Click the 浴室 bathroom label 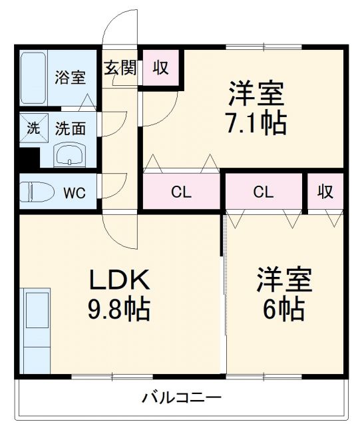pyautogui.click(x=70, y=77)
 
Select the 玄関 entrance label pyautogui.click(x=120, y=68)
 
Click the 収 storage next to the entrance pyautogui.click(x=160, y=68)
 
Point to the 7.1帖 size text pyautogui.click(x=257, y=123)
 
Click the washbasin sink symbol pyautogui.click(x=70, y=157)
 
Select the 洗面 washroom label pyautogui.click(x=70, y=128)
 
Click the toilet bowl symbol pyautogui.click(x=37, y=192)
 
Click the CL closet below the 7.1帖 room pyautogui.click(x=181, y=193)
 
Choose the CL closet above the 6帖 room pyautogui.click(x=264, y=193)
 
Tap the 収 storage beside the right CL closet pyautogui.click(x=325, y=192)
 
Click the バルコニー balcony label pyautogui.click(x=181, y=398)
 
